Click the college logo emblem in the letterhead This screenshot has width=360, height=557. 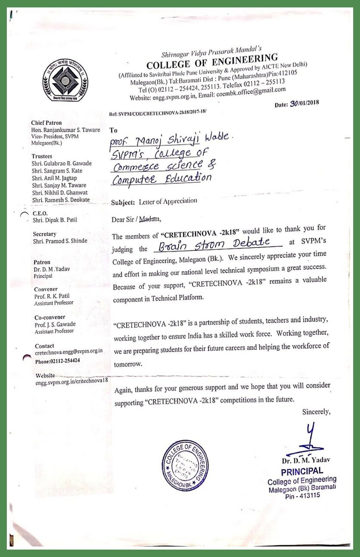coord(65,80)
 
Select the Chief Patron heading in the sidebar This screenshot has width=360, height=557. coord(47,123)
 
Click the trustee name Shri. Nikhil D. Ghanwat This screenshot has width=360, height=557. coord(60,192)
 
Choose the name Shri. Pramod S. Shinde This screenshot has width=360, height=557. coord(60,241)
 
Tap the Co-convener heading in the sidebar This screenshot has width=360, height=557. coord(50,318)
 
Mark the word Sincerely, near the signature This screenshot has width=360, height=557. coord(316,412)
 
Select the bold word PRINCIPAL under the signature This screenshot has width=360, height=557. coord(302,471)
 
